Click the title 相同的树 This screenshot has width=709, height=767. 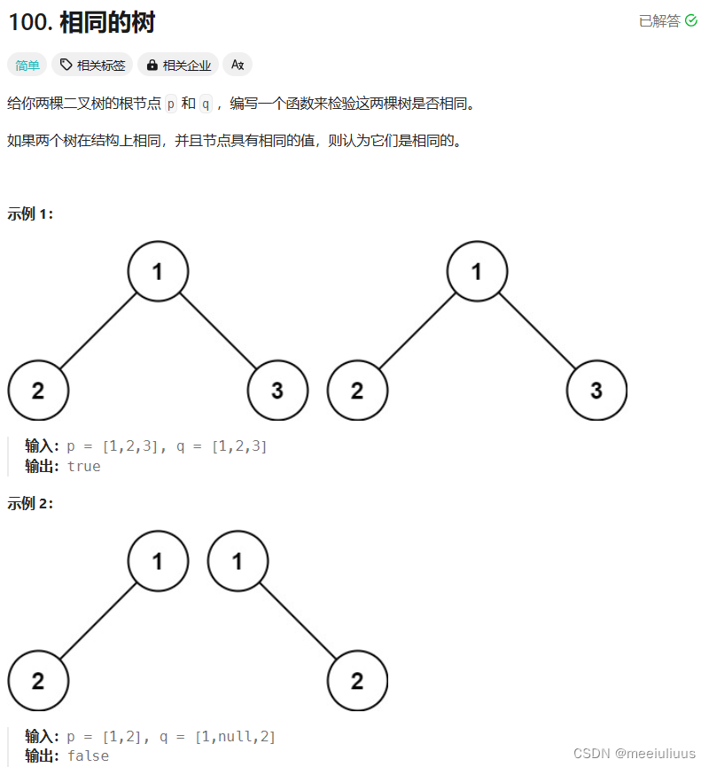coord(107,22)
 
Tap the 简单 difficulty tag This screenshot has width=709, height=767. coord(27,65)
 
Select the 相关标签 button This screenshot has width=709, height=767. coord(92,65)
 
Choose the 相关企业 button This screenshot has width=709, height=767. coord(178,65)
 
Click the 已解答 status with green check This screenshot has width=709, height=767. coord(667,20)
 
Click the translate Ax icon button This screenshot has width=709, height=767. coord(238,65)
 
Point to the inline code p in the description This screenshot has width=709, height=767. coord(171,105)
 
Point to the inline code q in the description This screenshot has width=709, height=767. coord(206,105)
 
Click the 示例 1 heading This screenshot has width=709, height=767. coord(30,213)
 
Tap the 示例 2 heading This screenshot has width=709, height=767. coord(30,503)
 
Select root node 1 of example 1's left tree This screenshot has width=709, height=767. coord(158,271)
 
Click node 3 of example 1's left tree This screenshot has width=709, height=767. coord(277,390)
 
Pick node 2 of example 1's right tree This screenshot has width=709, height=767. coord(357,390)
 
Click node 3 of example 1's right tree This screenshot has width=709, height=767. coord(596,390)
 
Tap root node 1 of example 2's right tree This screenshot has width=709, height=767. coord(238,561)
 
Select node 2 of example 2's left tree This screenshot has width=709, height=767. coord(38,680)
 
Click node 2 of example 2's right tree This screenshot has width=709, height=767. coord(357,680)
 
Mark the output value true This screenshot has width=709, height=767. coord(84,466)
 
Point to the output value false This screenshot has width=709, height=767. coord(88,755)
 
